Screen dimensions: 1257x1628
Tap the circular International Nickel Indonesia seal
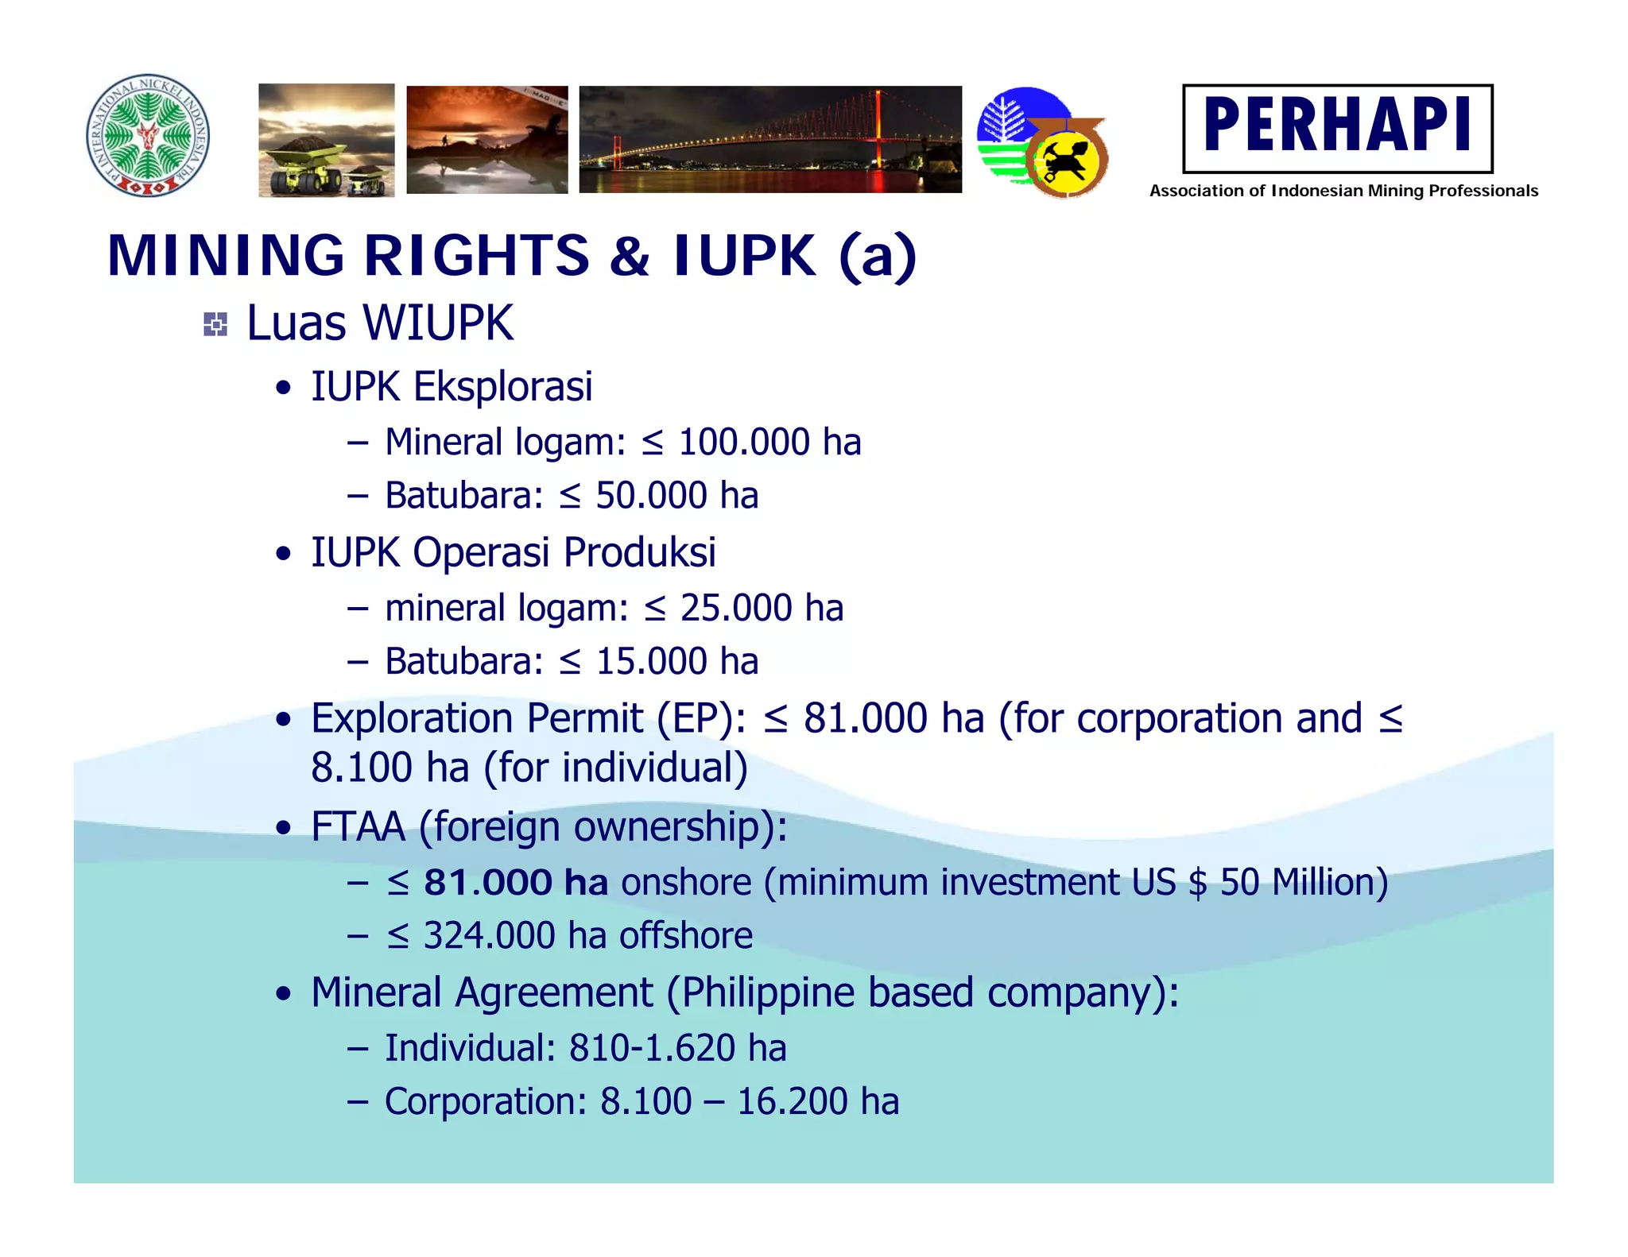pos(148,136)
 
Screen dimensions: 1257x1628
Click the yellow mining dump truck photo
pos(326,140)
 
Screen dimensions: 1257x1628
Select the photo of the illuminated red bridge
pos(769,140)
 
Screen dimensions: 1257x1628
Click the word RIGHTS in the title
pos(476,256)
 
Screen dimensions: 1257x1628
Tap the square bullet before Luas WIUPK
pos(215,324)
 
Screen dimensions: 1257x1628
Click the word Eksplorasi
pos(502,387)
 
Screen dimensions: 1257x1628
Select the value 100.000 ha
pos(769,443)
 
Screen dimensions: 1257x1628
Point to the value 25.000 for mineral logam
pos(736,609)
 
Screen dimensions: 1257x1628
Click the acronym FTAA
pos(358,826)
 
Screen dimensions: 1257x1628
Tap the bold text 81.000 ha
pos(516,883)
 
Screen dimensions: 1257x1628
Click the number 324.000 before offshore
pos(489,936)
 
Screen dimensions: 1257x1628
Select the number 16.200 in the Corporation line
pos(792,1102)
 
